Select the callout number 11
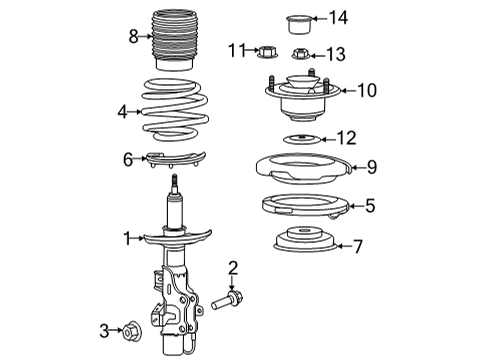[235, 49]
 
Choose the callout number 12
[345, 137]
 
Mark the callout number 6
[128, 158]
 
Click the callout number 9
[370, 166]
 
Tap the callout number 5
[370, 206]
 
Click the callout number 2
[232, 267]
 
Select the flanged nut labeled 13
[300, 54]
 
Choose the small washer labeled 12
[300, 138]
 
